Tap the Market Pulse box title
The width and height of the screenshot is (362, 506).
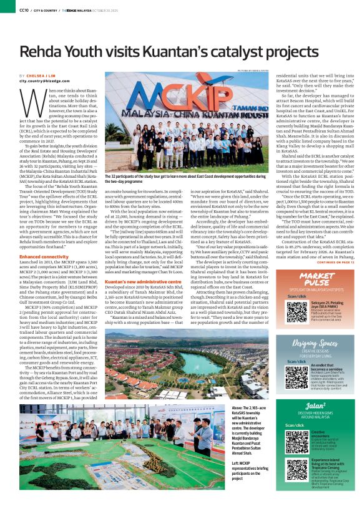tap(318, 276)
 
